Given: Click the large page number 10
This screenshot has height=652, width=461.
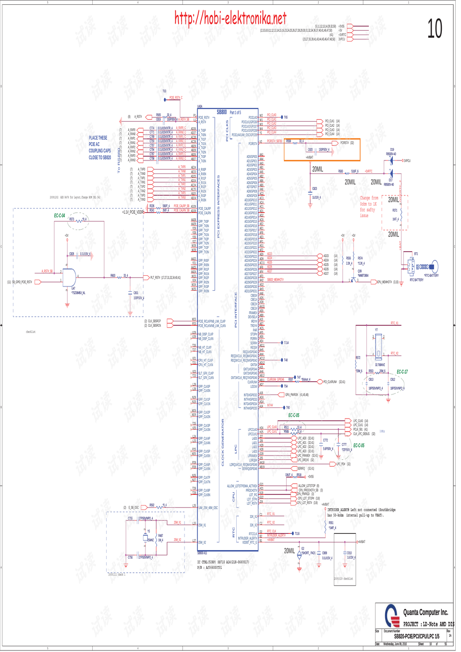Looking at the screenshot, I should coord(435,29).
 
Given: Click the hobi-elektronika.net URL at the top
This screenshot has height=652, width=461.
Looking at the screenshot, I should coord(230,19).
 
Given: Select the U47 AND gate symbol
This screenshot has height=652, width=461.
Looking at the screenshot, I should coord(69,278).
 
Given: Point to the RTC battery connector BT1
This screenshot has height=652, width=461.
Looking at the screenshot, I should coord(412,266).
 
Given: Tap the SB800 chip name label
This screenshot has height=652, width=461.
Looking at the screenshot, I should coord(221,112).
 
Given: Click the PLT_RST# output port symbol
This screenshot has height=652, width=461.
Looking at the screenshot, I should coord(146,277).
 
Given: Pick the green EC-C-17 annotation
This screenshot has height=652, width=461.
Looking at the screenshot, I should coord(402,372).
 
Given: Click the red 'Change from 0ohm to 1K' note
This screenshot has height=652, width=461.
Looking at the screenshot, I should coord(369,207).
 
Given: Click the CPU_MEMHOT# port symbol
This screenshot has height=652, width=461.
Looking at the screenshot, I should coord(373,282).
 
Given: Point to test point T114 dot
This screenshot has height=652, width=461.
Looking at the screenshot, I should coord(282,343).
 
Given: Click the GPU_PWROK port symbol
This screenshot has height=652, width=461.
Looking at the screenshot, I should coord(281,395).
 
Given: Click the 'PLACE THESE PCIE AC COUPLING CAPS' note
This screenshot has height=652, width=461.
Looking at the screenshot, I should coord(99,148).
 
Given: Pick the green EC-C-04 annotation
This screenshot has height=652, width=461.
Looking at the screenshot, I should coord(60,216).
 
